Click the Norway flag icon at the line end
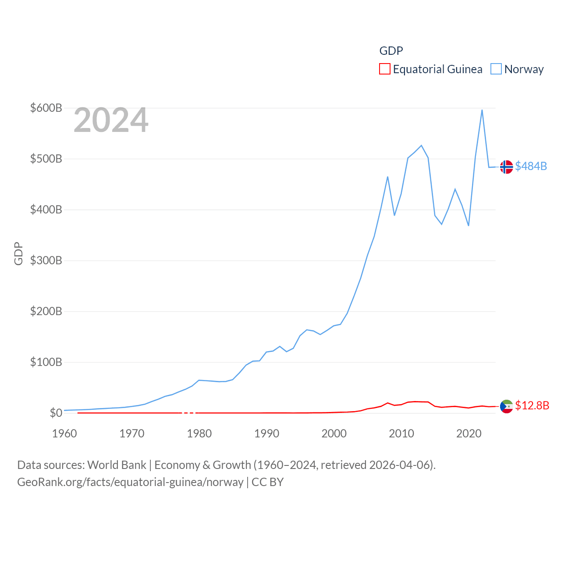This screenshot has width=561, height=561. point(506,167)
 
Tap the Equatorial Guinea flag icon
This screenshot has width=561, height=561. point(506,406)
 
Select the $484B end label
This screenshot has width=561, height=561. point(531,166)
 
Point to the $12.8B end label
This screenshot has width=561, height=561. point(532,405)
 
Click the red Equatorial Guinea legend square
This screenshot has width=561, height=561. point(384,69)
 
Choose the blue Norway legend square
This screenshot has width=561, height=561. point(496,69)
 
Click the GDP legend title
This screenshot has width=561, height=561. point(391,51)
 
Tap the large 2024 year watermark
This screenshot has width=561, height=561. point(111,120)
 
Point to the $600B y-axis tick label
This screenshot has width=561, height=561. point(46,108)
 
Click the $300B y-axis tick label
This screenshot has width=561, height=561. point(46,260)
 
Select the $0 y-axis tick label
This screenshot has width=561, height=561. point(56,413)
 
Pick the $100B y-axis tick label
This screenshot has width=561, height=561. point(46,362)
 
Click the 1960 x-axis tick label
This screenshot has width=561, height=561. point(64,433)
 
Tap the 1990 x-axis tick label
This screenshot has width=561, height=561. point(266,433)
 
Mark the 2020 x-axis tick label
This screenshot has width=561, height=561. point(469,433)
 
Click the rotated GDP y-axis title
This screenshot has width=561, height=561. point(18,253)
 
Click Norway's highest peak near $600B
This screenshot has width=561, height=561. point(482,110)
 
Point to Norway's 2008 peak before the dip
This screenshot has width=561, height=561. point(387,177)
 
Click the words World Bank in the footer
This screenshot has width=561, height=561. point(117,465)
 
